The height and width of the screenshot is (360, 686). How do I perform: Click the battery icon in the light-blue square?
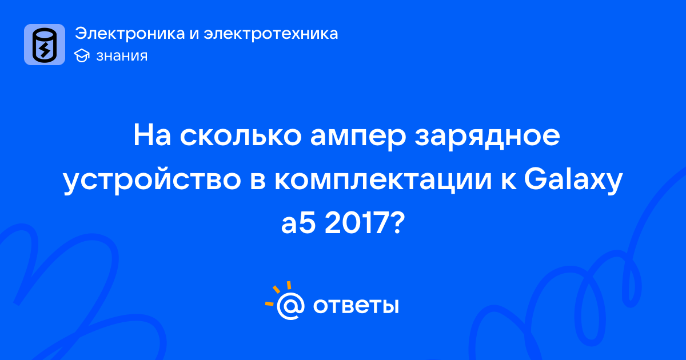tap(45, 45)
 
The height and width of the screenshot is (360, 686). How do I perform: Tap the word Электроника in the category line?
tap(130, 33)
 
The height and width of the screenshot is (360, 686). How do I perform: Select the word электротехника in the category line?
tap(271, 33)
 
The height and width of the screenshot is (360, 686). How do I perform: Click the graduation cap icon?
tap(82, 56)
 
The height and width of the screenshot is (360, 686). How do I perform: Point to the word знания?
tap(122, 56)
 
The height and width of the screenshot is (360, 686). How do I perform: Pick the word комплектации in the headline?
tap(383, 181)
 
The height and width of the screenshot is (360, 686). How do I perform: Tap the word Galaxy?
tap(573, 180)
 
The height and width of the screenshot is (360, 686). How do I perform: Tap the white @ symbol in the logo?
tap(290, 306)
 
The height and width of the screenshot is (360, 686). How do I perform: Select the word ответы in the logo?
tap(356, 306)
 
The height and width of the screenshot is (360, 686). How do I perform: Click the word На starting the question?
tap(152, 135)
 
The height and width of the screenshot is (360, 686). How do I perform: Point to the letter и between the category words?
tap(194, 34)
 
